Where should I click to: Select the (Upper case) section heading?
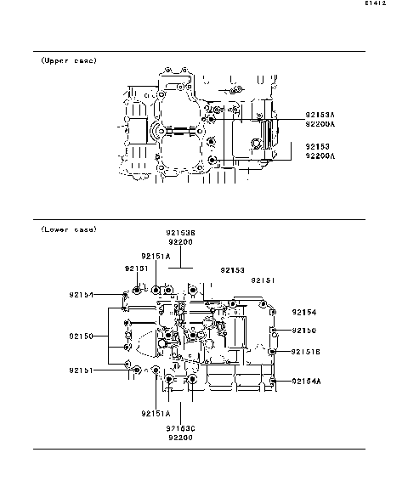tap(69, 61)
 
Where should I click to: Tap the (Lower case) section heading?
tap(69, 229)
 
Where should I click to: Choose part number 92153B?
tap(180, 232)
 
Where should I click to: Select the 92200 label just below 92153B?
tap(180, 242)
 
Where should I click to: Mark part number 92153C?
tap(180, 427)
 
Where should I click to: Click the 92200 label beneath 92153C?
tap(180, 438)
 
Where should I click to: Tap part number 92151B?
tap(305, 351)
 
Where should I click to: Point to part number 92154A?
tap(305, 382)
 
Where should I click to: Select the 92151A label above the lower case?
tap(156, 255)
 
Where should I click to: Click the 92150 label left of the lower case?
tap(82, 336)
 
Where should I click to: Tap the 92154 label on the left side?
tap(82, 295)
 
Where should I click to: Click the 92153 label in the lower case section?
tap(232, 269)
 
